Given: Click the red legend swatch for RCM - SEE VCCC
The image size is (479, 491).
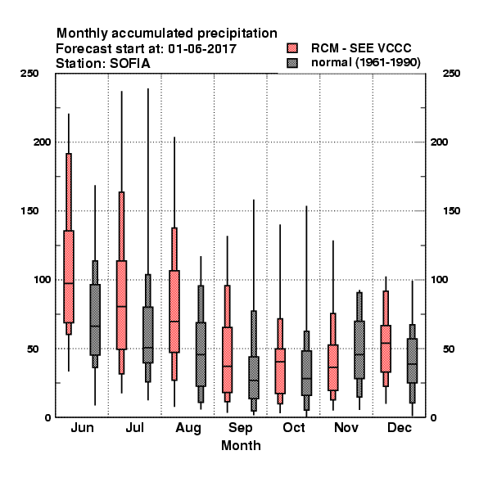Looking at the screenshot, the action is pos(292,48).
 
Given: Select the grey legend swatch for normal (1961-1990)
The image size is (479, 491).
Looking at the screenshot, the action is pos(292,63).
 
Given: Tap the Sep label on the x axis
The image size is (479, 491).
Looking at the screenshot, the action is pos(240,428).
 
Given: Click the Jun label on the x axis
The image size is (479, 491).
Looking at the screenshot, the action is pos(82,427).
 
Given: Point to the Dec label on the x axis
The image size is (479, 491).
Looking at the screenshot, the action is pos(399,427).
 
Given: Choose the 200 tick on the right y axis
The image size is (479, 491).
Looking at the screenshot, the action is pos(439,142).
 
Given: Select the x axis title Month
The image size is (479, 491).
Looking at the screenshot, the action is pos(241,445).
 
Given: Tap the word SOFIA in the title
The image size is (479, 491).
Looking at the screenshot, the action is pos(129,64).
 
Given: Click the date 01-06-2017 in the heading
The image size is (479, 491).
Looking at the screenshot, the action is pos(202,48).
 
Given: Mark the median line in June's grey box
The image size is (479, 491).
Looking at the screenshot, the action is pos(95,326).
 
